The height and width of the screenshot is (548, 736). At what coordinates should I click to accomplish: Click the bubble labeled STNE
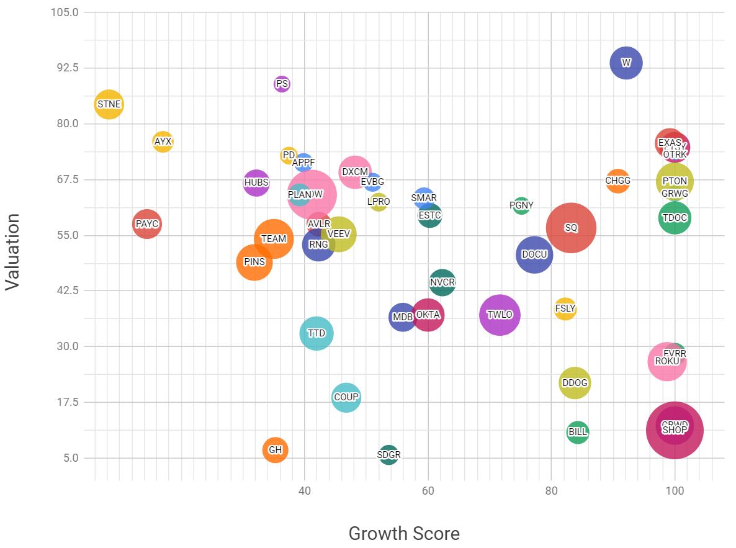point(109,104)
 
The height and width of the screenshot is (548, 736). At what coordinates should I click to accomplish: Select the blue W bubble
point(626,63)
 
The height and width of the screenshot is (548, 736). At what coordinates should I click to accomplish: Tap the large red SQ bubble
point(571,228)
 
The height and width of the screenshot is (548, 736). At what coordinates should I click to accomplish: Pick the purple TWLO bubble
point(500,315)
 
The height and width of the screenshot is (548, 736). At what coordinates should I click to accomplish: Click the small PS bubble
point(282,84)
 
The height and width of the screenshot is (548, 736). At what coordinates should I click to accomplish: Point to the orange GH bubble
point(275,450)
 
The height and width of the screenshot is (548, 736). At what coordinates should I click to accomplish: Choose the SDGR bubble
point(388,455)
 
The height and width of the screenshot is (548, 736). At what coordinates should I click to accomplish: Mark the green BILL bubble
point(578,432)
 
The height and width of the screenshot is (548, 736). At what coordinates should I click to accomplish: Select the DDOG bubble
point(575,383)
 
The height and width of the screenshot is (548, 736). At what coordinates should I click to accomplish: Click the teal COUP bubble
point(346,397)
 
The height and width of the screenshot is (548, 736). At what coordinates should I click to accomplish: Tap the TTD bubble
point(316,333)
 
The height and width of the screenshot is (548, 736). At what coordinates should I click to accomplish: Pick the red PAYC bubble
point(147,224)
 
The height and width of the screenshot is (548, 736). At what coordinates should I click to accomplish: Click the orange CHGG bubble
point(617,181)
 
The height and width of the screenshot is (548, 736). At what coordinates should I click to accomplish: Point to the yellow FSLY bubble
point(565,308)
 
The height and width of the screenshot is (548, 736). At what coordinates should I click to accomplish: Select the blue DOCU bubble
point(534,254)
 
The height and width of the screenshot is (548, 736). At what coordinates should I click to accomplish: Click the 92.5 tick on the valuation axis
point(65,68)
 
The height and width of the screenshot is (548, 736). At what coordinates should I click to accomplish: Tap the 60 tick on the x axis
point(428,490)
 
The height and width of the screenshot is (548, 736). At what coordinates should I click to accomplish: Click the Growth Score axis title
point(404,533)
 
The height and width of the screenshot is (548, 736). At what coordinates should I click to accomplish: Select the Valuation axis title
point(13,251)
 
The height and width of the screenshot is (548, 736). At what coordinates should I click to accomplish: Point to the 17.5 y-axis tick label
point(65,402)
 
